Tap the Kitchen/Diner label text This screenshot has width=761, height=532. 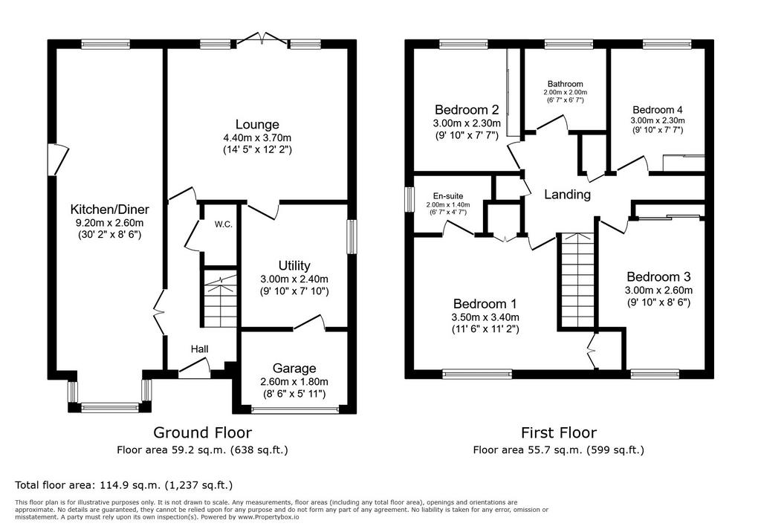pyautogui.click(x=110, y=210)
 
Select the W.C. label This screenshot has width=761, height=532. pyautogui.click(x=224, y=224)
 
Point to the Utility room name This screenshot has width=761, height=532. pyautogui.click(x=294, y=266)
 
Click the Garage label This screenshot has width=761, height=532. pyautogui.click(x=294, y=369)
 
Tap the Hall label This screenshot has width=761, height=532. pyautogui.click(x=199, y=349)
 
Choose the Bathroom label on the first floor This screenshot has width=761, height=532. pyautogui.click(x=566, y=84)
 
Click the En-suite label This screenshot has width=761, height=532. pyautogui.click(x=448, y=197)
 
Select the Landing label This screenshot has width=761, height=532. pyautogui.click(x=567, y=195)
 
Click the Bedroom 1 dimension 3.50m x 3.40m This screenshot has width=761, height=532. pyautogui.click(x=485, y=317)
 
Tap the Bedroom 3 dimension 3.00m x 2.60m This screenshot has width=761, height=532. pyautogui.click(x=658, y=291)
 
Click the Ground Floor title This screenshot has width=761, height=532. pyautogui.click(x=203, y=432)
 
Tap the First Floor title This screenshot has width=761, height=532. pyautogui.click(x=559, y=432)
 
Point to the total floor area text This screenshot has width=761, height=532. pyautogui.click(x=124, y=485)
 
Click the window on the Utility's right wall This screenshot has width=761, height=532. pyautogui.click(x=352, y=237)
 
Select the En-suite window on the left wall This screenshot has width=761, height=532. pyautogui.click(x=409, y=199)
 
